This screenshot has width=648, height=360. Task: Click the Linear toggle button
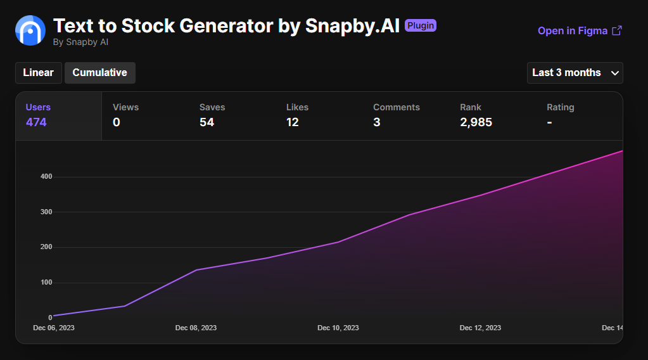pos(39,73)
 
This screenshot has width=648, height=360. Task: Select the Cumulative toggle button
pos(100,73)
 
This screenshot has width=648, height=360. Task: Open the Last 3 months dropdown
pos(575,73)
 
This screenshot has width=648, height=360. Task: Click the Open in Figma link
pos(579,31)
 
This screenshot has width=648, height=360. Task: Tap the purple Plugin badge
pos(421,26)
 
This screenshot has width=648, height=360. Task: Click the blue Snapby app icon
pos(30,30)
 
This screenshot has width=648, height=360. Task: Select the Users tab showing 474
pos(58,115)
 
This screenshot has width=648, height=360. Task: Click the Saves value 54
pos(206,122)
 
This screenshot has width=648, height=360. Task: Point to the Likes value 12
pos(292,122)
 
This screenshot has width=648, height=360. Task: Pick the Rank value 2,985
pos(476,122)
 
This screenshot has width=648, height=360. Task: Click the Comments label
pos(396,108)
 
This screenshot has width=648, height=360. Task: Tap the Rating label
pos(560,108)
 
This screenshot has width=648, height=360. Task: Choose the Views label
pos(125,108)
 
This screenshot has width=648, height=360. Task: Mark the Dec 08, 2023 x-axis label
pos(196,328)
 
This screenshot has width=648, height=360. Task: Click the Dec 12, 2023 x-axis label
pos(480,328)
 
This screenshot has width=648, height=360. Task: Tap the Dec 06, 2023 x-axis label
pos(54,328)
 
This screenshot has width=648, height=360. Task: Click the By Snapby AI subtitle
pos(81,42)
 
